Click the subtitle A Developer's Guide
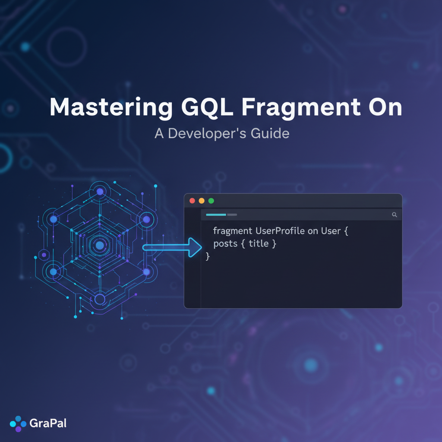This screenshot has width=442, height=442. pos(222,133)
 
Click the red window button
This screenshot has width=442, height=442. pos(192,201)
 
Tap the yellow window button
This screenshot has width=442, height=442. pos(202,201)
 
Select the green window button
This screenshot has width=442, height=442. pos(211,201)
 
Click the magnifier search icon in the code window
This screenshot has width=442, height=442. pos(394,215)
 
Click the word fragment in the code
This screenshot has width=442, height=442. pos(233,231)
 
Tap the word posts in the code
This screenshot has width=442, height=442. pos(225,244)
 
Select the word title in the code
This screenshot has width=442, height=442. pos(259,244)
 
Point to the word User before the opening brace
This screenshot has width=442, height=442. pos(331,231)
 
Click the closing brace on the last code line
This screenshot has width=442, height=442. pos(208,257)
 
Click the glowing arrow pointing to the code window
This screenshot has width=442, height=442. pos(173,248)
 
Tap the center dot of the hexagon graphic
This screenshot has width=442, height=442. pos(100,245)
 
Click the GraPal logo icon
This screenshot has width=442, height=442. pos(18,423)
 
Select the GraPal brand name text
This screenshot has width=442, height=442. pos(48,423)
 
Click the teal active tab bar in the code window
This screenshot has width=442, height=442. pos(216,215)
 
